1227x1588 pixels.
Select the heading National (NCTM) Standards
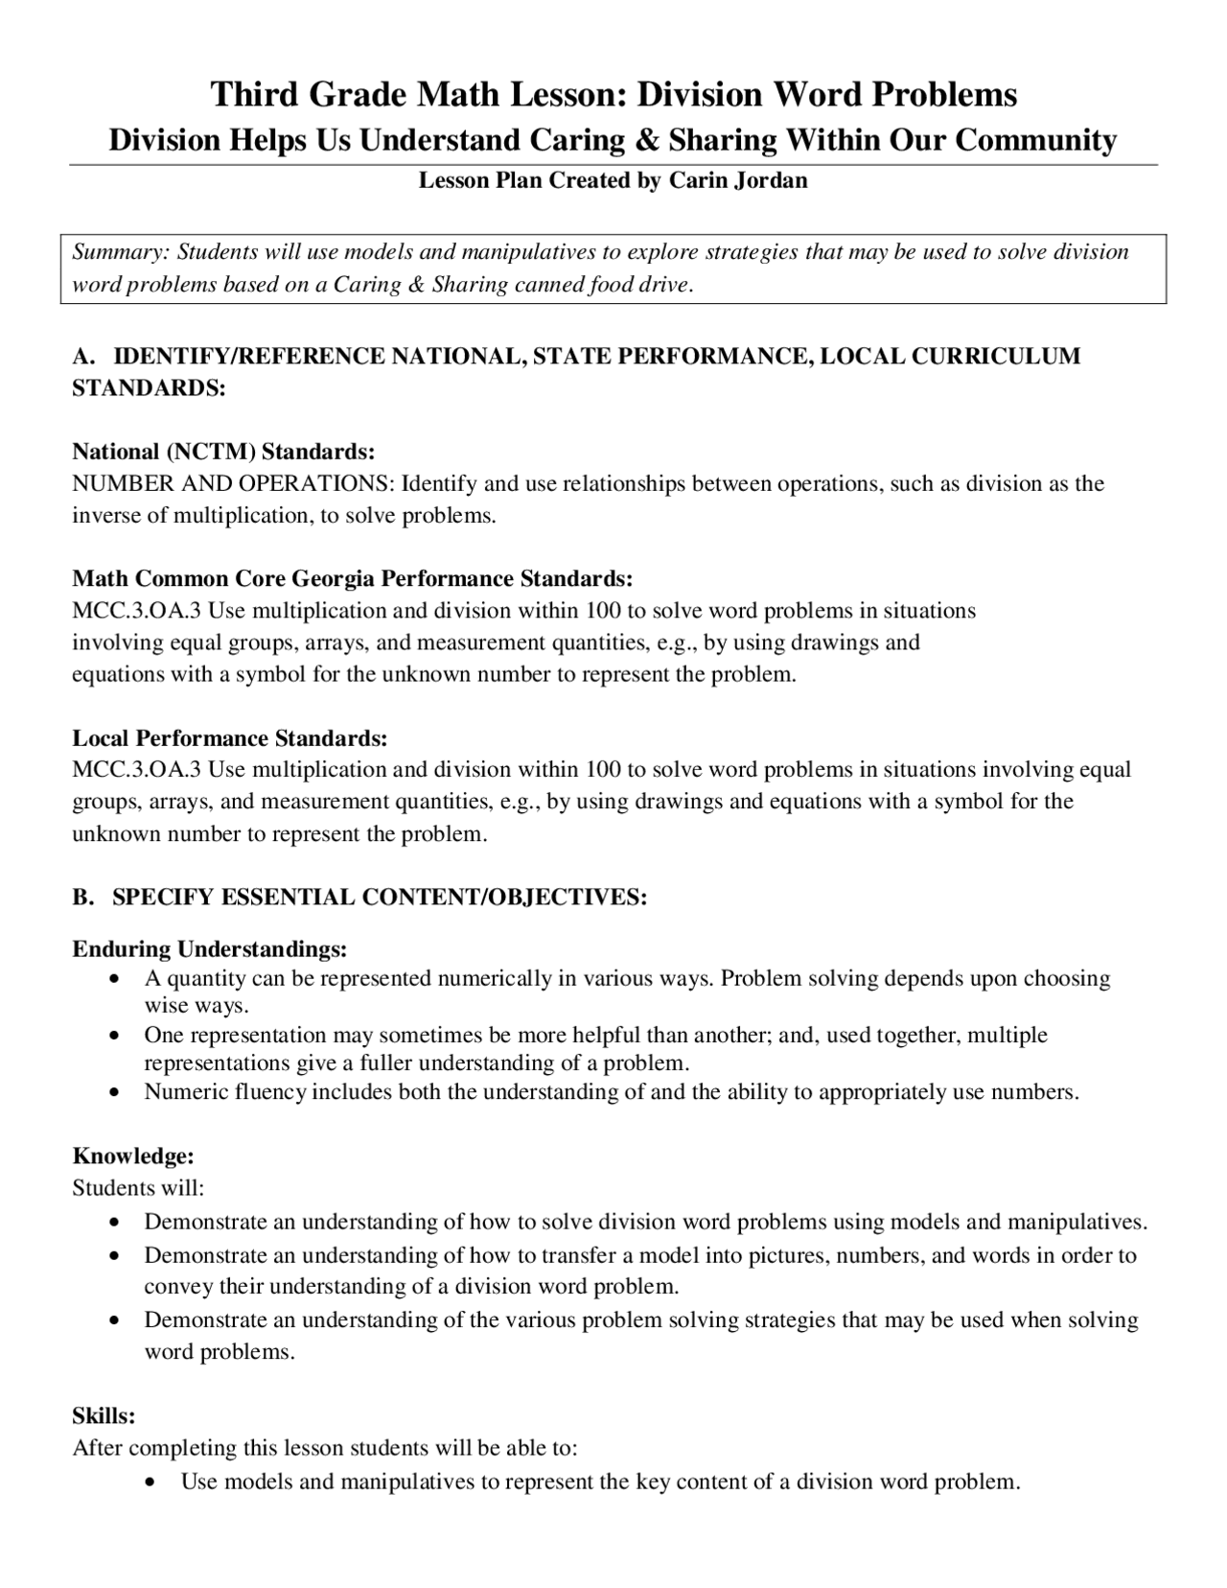point(223,451)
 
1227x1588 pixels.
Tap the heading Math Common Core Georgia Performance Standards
point(353,578)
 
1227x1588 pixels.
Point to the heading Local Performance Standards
point(230,737)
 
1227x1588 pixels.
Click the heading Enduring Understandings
point(210,949)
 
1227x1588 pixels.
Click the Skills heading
point(104,1414)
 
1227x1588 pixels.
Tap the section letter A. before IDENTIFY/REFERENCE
point(83,356)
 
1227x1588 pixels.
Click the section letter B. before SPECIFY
point(83,897)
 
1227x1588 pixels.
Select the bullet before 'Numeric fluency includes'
point(115,1092)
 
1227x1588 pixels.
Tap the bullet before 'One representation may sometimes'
point(115,1036)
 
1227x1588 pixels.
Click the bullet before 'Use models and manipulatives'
point(151,1483)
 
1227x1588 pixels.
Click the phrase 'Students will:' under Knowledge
point(139,1188)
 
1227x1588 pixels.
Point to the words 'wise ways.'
point(197,1006)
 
